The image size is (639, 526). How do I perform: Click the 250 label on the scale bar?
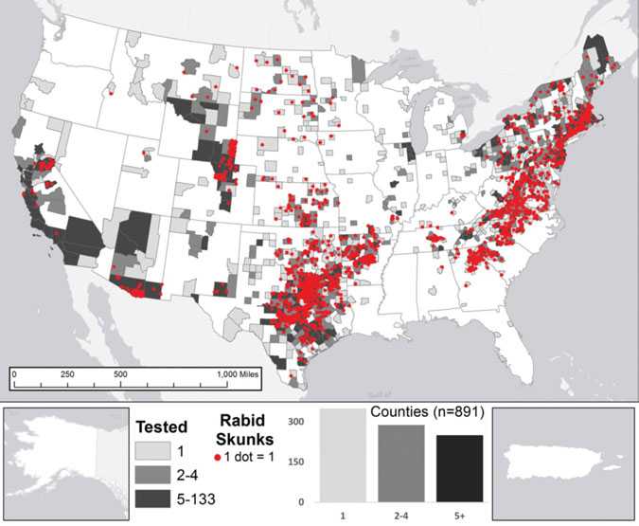pos(67,374)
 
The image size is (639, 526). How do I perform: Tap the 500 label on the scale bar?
pos(121,374)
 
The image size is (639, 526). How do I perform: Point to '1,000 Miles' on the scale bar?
pos(240,374)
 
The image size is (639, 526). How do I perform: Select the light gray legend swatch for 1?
pos(151,449)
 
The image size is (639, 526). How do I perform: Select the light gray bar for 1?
pos(344,455)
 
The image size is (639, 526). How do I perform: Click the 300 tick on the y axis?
pos(296,421)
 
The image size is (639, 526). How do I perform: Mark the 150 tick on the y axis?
pos(296,462)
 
